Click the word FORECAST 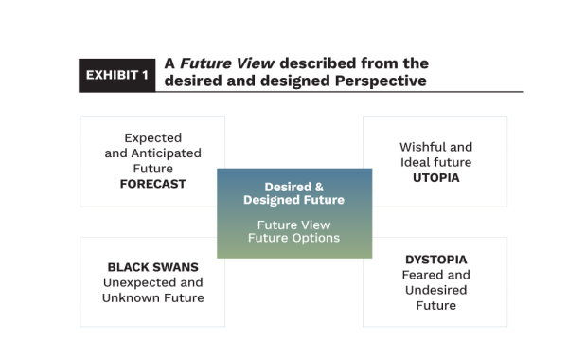[x=152, y=184]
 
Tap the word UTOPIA [x=435, y=177]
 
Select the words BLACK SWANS [x=152, y=267]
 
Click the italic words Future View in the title [x=226, y=63]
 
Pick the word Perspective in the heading [x=376, y=81]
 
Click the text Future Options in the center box [x=293, y=237]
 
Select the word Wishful [x=417, y=147]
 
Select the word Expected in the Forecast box [x=152, y=138]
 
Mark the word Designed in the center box [x=273, y=200]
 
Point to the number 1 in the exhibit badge [x=145, y=74]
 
